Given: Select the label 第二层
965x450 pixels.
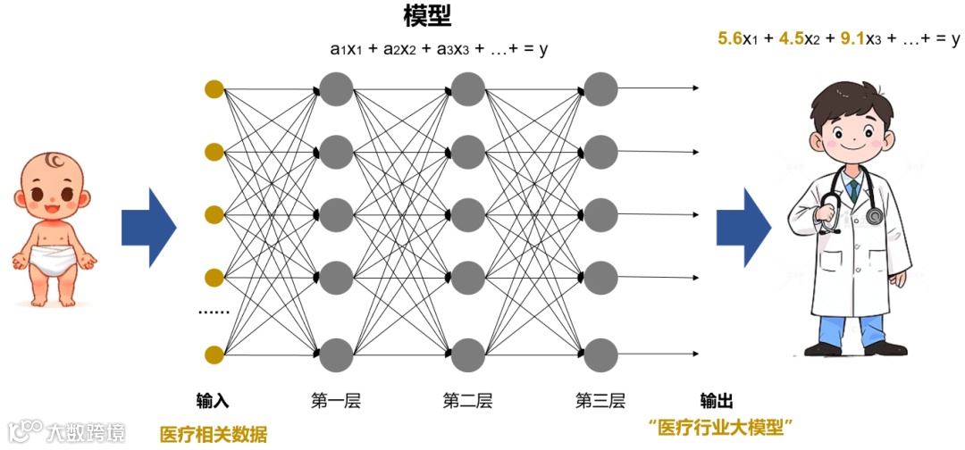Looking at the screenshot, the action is pos(466,401).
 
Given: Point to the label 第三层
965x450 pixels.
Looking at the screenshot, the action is pos(600,401).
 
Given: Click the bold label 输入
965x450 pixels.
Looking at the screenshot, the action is pos(213,401).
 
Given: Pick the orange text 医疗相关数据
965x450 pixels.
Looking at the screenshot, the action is pos(213,435).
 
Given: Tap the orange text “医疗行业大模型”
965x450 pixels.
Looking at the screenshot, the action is pos(721,427).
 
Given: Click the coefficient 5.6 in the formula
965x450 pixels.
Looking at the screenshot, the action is pos(731,38).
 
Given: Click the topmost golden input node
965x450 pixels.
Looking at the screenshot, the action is pos(213,88).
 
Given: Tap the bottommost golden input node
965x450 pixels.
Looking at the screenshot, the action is pos(213,355).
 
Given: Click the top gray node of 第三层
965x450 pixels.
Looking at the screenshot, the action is pos(600,88).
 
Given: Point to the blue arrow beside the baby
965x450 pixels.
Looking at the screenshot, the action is pos(148,228).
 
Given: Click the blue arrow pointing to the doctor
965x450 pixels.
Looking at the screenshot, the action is pos(743,228).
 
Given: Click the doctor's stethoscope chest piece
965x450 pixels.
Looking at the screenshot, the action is pos(872,217).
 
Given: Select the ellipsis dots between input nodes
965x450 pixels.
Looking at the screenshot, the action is pos(213,313).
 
